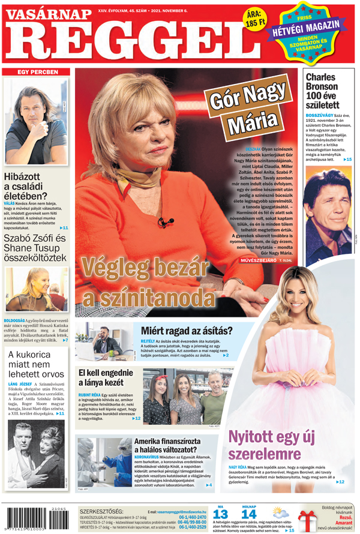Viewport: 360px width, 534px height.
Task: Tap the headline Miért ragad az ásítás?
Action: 187,330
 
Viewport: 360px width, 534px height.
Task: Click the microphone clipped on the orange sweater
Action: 162,223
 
